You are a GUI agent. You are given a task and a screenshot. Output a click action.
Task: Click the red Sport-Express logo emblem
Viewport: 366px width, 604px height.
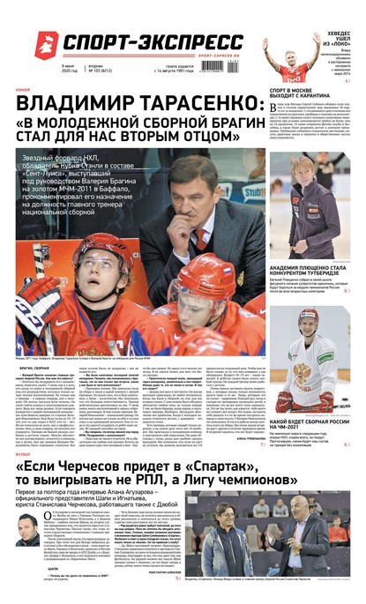[44, 41]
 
